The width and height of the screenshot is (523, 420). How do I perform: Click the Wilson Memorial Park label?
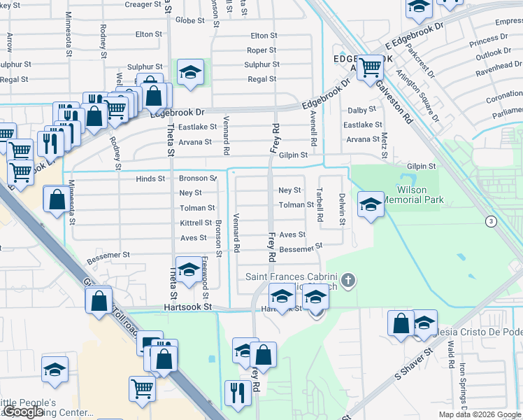pyautogui.click(x=420, y=195)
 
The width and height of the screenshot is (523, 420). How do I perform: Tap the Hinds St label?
pyautogui.click(x=150, y=179)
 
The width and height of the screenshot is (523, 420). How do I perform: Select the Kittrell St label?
pyautogui.click(x=196, y=223)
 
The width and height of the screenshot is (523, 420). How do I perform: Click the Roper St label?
pyautogui.click(x=261, y=50)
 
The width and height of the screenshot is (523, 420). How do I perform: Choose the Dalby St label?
pyautogui.click(x=361, y=111)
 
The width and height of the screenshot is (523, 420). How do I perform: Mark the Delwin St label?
pyautogui.click(x=342, y=209)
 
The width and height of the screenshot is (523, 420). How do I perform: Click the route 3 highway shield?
pyautogui.click(x=492, y=221)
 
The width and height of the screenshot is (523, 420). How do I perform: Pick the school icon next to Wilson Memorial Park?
pyautogui.click(x=371, y=204)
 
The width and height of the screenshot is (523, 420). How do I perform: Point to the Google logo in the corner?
pyautogui.click(x=23, y=413)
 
